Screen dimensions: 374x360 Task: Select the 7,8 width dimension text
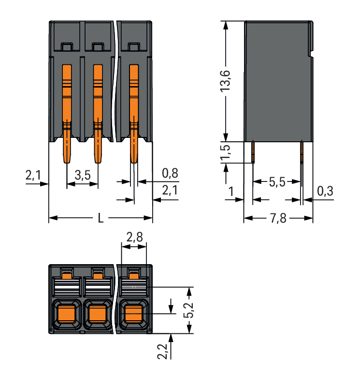[x=278, y=219]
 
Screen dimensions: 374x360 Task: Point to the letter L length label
[x=101, y=218]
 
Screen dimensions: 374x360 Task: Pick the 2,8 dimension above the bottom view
[x=134, y=238]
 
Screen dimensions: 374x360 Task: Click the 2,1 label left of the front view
[x=33, y=176]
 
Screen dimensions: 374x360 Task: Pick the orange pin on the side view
[x=253, y=151]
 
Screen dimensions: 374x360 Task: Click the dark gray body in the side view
[x=278, y=82]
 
